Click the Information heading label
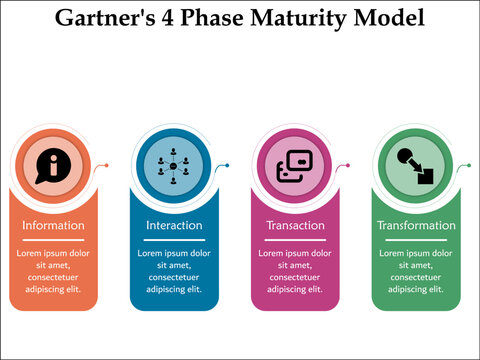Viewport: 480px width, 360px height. point(53,225)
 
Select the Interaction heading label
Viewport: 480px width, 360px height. point(174,225)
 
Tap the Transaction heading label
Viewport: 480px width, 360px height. point(295,225)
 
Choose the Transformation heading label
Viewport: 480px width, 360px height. point(416,225)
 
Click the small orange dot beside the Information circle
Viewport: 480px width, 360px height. point(107,165)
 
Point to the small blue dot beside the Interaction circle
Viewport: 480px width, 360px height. point(228,165)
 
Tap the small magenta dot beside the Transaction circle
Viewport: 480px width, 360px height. point(349,165)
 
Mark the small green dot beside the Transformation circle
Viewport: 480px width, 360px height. point(470,165)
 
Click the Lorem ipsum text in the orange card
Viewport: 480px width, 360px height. point(53,271)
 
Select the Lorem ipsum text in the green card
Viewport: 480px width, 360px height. point(416,271)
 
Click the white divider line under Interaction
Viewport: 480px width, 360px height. point(174,240)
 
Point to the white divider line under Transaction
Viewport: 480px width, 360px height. point(295,240)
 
